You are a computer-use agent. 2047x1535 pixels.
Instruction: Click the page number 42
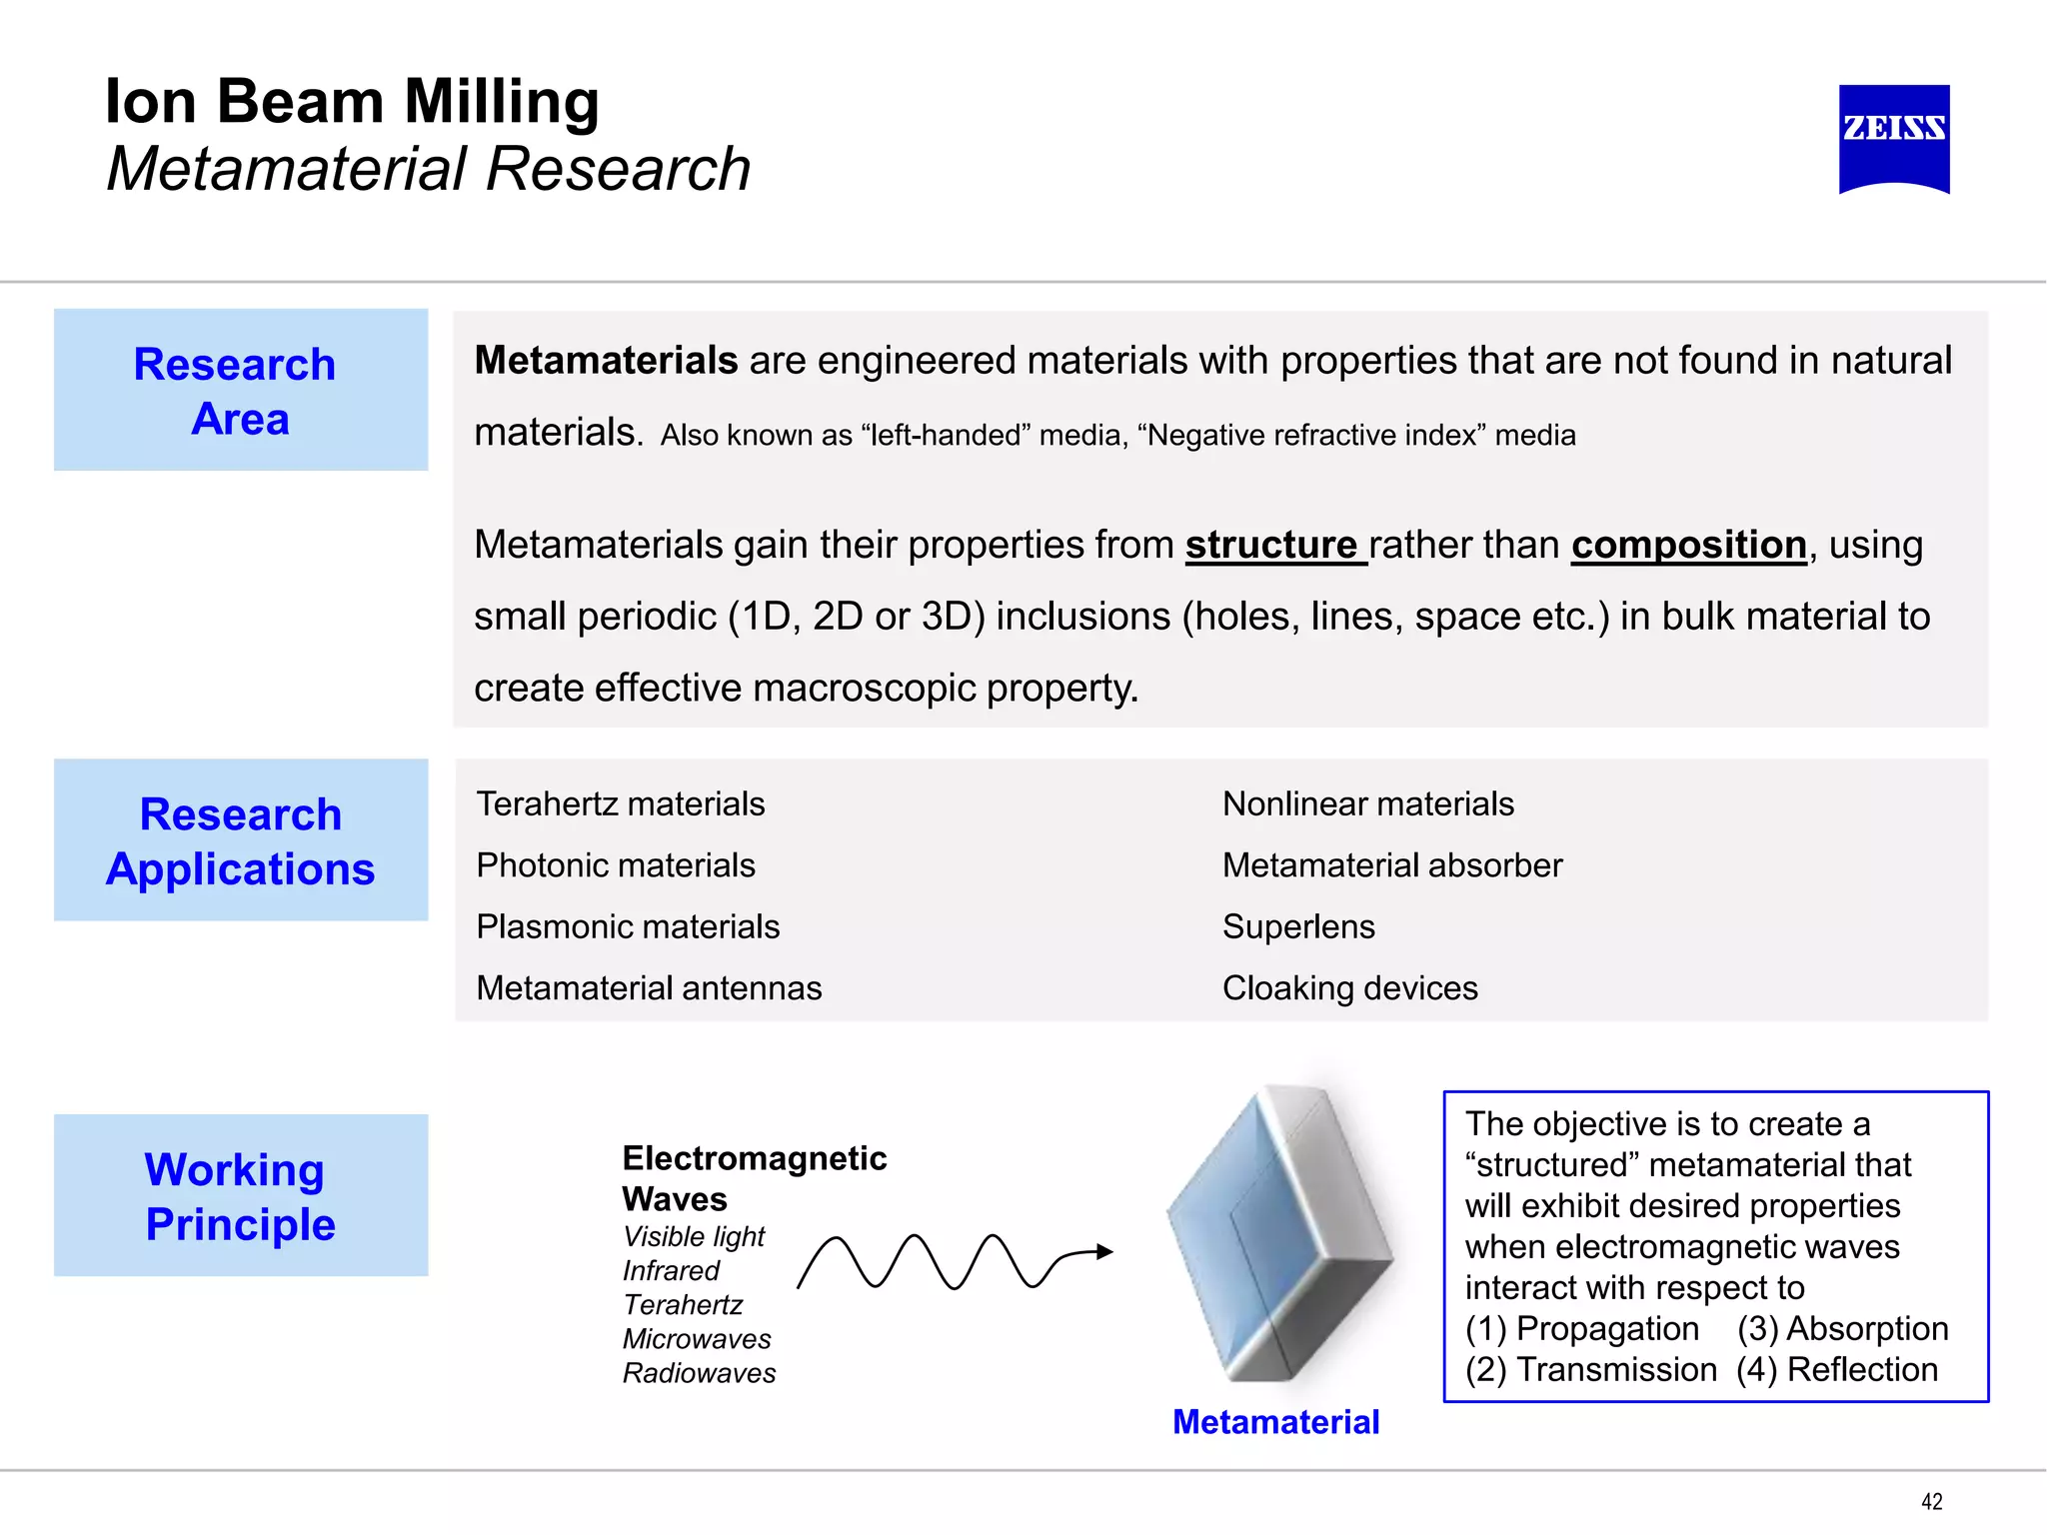pyautogui.click(x=1931, y=1501)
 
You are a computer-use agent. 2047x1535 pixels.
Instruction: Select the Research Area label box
pyautogui.click(x=240, y=390)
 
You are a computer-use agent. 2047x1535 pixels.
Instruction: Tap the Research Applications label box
pyautogui.click(x=240, y=840)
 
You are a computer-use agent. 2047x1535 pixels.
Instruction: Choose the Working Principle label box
pyautogui.click(x=240, y=1195)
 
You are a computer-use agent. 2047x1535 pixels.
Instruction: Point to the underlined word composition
pyautogui.click(x=1688, y=546)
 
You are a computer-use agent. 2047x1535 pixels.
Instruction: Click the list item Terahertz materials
pyautogui.click(x=620, y=804)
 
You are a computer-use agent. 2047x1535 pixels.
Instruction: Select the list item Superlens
pyautogui.click(x=1297, y=927)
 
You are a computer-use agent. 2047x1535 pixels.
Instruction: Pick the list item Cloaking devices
pyautogui.click(x=1349, y=988)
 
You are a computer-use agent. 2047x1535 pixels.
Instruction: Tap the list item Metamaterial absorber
pyautogui.click(x=1391, y=865)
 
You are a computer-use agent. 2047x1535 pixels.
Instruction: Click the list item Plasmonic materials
pyautogui.click(x=627, y=927)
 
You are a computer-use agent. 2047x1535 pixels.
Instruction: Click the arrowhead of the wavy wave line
pyautogui.click(x=1103, y=1251)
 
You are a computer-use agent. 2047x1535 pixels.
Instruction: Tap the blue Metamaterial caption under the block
pyautogui.click(x=1275, y=1422)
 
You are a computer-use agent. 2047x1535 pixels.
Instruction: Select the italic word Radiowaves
pyautogui.click(x=699, y=1374)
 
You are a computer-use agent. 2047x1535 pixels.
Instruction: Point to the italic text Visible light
pyautogui.click(x=693, y=1237)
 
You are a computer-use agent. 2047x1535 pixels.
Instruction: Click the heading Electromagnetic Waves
pyautogui.click(x=754, y=1178)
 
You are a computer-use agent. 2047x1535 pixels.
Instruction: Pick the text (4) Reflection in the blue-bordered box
pyautogui.click(x=1836, y=1370)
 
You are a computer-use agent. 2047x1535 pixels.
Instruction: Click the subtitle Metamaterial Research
pyautogui.click(x=428, y=169)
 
